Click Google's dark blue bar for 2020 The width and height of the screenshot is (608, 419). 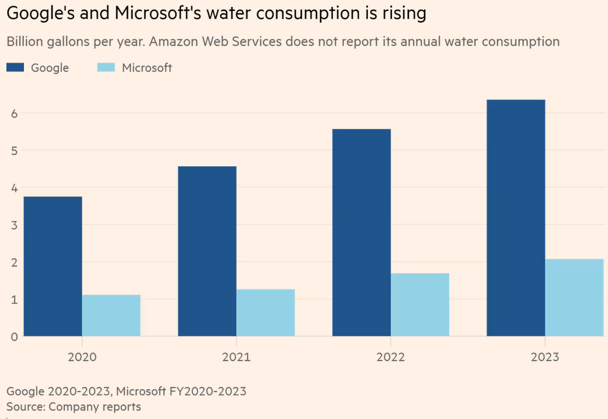click(x=53, y=266)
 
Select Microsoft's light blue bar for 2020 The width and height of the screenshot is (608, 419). click(x=111, y=315)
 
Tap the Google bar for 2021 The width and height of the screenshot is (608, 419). click(x=207, y=251)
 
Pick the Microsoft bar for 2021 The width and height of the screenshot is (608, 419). click(x=265, y=312)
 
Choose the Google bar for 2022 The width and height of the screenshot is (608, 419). click(x=361, y=232)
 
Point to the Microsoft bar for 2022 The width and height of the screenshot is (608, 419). click(x=419, y=305)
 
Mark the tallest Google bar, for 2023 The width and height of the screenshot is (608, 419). click(x=515, y=218)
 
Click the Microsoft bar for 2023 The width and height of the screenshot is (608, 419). click(x=574, y=298)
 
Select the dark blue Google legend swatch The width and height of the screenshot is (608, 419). click(x=15, y=68)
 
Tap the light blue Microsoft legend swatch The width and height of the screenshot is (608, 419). click(x=106, y=68)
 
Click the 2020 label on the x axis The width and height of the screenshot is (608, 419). click(x=82, y=357)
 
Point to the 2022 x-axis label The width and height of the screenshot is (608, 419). click(x=390, y=357)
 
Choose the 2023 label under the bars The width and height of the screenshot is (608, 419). click(x=544, y=357)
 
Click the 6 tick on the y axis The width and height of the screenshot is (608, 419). click(x=15, y=113)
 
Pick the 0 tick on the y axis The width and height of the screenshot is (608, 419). click(x=15, y=337)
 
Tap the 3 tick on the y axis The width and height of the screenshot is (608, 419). click(x=15, y=225)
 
